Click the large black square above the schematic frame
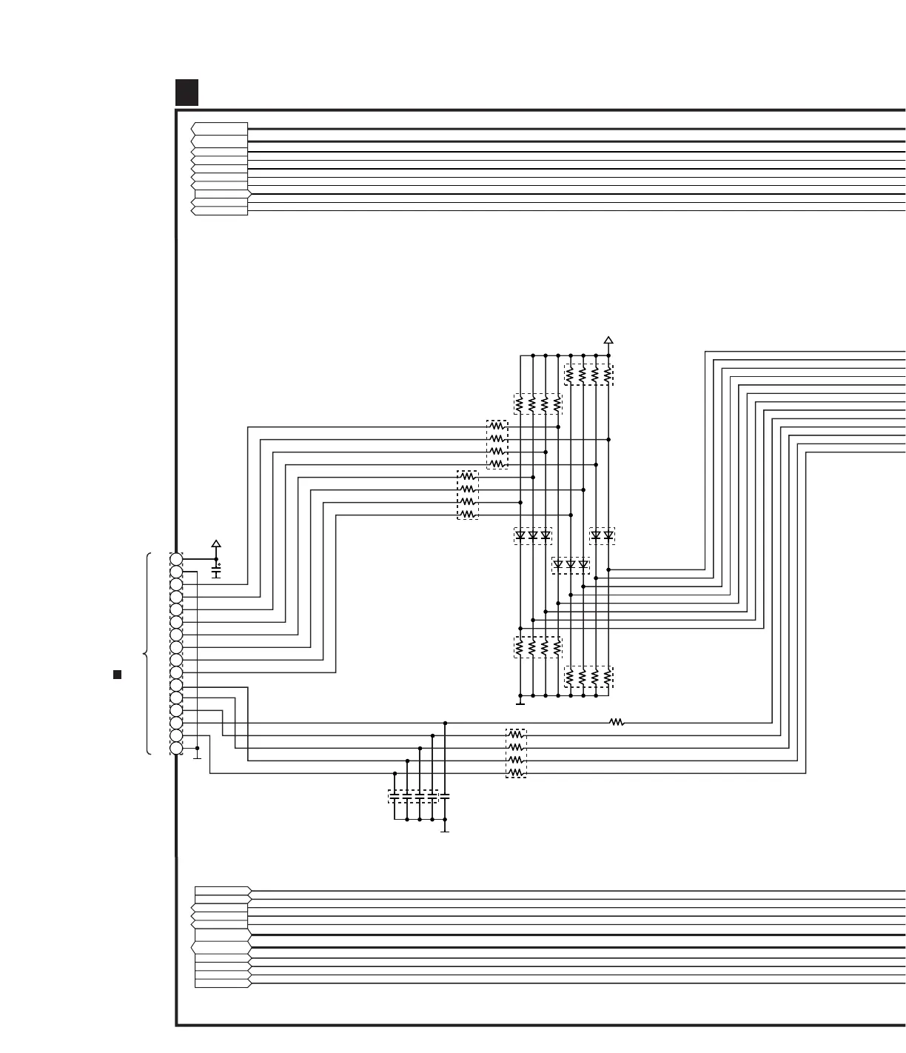coord(187,93)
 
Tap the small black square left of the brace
coord(117,675)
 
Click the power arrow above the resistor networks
coord(608,341)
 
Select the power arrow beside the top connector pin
coord(216,544)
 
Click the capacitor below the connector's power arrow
coord(216,572)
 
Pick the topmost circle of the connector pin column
coord(176,559)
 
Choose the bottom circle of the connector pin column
coord(176,748)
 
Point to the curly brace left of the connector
coord(147,654)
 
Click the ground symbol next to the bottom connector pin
coord(197,755)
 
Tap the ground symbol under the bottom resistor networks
coord(520,701)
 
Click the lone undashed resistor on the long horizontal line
coord(617,722)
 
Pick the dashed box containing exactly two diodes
coord(602,535)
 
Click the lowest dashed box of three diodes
coord(571,566)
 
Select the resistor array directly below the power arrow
coord(588,375)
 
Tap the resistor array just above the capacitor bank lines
coord(516,754)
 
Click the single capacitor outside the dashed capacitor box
coord(445,797)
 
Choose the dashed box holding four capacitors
coord(413,797)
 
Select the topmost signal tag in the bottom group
coord(222,890)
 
